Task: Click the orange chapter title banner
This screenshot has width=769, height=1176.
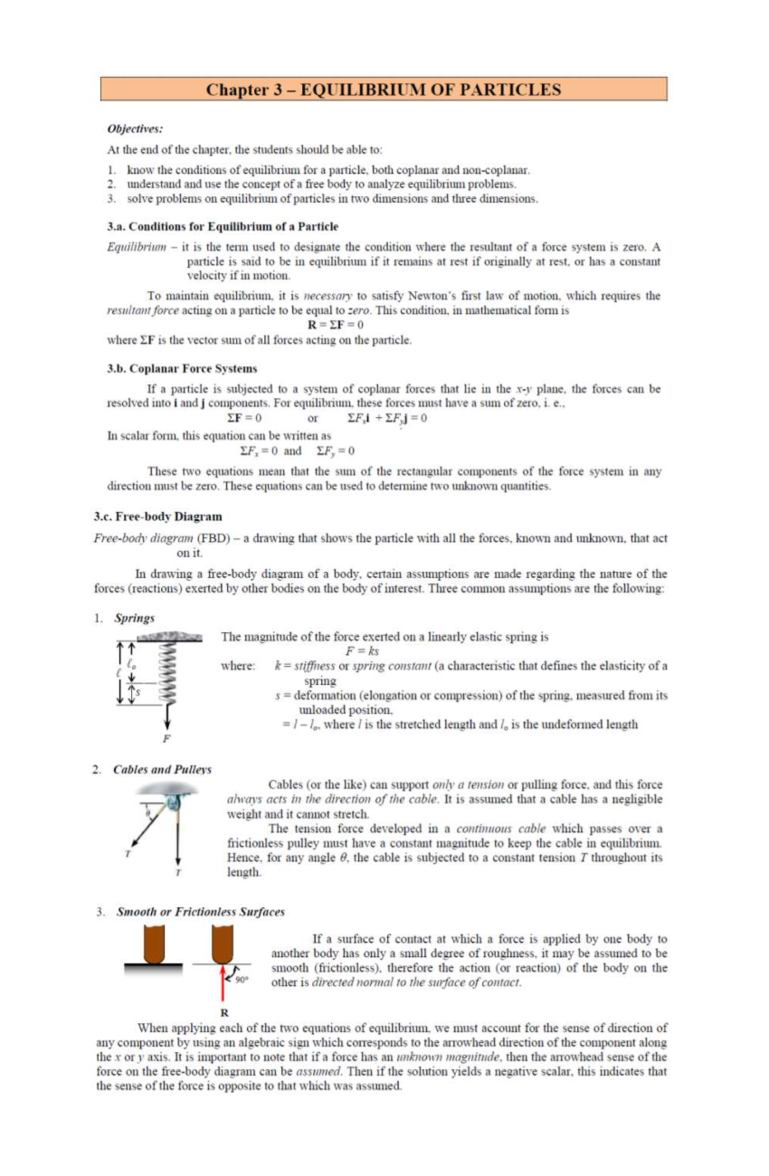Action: coord(383,89)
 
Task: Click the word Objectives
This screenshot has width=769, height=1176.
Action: coord(135,129)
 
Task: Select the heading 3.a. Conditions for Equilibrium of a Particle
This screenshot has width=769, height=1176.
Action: coord(222,226)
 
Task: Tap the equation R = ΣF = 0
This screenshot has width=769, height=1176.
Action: coord(335,325)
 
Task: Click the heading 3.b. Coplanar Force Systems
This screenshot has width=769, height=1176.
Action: coord(182,369)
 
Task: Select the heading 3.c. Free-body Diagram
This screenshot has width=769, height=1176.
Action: coord(158,517)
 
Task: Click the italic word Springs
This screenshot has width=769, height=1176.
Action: coord(135,618)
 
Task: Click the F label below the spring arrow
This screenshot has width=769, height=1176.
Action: coord(167,738)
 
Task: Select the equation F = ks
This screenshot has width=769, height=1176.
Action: coord(362,651)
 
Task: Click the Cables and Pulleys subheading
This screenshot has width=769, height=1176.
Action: coord(162,769)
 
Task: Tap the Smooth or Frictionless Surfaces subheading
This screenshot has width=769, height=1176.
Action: coord(200,911)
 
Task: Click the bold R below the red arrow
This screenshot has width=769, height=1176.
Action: coord(224,1013)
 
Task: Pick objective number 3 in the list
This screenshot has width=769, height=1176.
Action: coord(332,199)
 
